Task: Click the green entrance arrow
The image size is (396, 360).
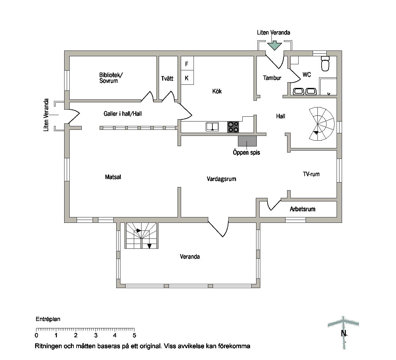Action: [x=274, y=45]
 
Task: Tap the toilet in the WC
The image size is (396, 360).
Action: [x=325, y=63]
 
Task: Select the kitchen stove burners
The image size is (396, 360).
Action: [x=233, y=127]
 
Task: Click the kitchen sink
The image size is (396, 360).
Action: [x=212, y=127]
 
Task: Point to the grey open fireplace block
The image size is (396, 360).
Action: [x=247, y=141]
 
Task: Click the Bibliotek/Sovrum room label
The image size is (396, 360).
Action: [x=111, y=78]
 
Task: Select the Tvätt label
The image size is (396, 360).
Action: [x=167, y=78]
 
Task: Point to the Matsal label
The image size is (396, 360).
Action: [x=113, y=177]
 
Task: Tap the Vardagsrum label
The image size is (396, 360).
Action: [x=222, y=179]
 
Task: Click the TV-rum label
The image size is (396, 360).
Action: [x=311, y=174]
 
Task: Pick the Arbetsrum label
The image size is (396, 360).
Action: [x=302, y=209]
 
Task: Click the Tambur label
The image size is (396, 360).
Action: [x=272, y=78]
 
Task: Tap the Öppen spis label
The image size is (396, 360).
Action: [x=246, y=153]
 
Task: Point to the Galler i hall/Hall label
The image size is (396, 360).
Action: [x=123, y=114]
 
